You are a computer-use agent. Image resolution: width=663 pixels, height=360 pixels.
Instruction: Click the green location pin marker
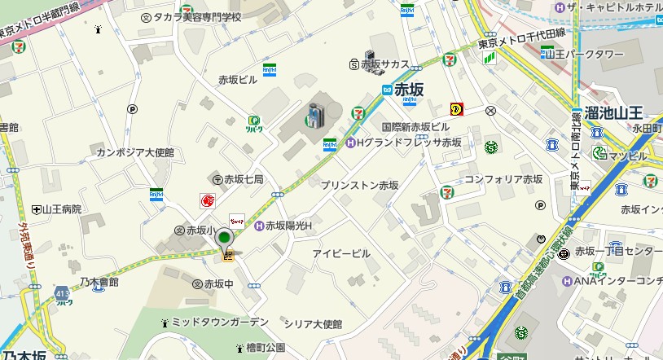[225, 240]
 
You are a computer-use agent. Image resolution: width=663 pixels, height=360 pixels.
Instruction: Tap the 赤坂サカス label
[384, 64]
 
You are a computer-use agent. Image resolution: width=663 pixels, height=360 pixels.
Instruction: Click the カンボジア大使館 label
[135, 152]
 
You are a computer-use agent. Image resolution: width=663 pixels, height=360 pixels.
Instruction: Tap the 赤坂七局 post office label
[243, 179]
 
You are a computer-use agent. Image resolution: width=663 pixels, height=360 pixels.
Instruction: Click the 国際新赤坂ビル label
[415, 128]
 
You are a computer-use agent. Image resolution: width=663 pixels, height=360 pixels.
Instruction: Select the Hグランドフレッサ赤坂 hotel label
[409, 143]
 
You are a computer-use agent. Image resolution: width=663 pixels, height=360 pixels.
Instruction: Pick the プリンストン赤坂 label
[359, 186]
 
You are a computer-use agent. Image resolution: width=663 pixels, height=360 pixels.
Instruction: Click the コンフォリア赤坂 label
[503, 179]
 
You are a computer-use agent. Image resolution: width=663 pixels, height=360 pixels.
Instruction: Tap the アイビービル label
[341, 253]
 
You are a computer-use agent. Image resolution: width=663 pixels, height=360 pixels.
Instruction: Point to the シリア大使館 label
[313, 323]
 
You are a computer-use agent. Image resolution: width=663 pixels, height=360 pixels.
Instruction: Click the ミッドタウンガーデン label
[220, 322]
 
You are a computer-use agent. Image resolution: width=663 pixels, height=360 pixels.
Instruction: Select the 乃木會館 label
[99, 282]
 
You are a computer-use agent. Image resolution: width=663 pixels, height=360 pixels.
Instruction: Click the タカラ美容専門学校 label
[197, 17]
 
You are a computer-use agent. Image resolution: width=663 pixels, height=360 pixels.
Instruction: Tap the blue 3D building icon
[314, 116]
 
